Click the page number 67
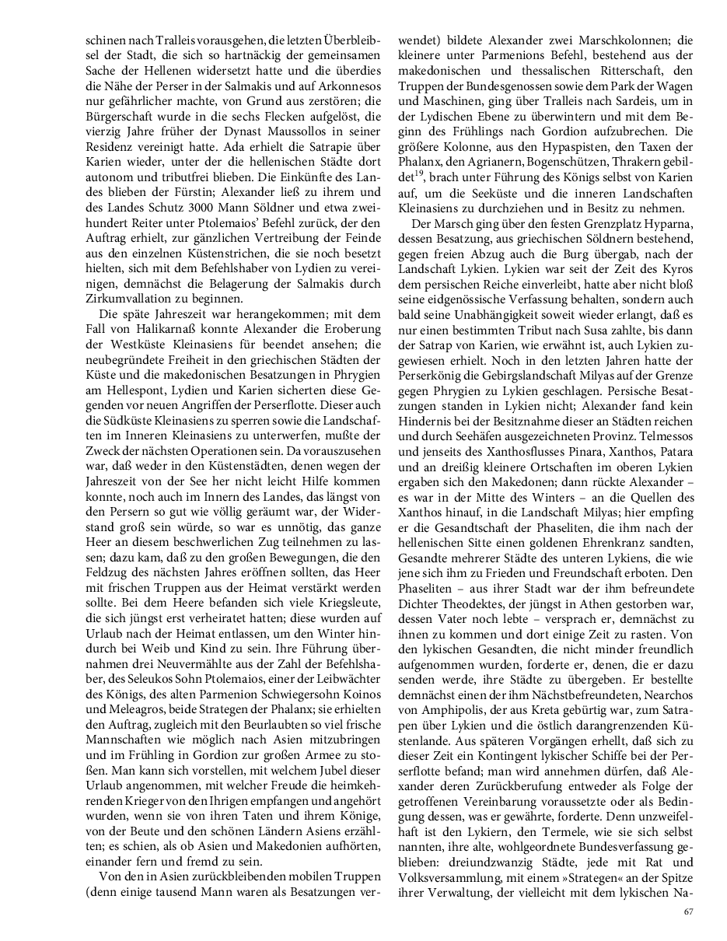coord(688,911)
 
